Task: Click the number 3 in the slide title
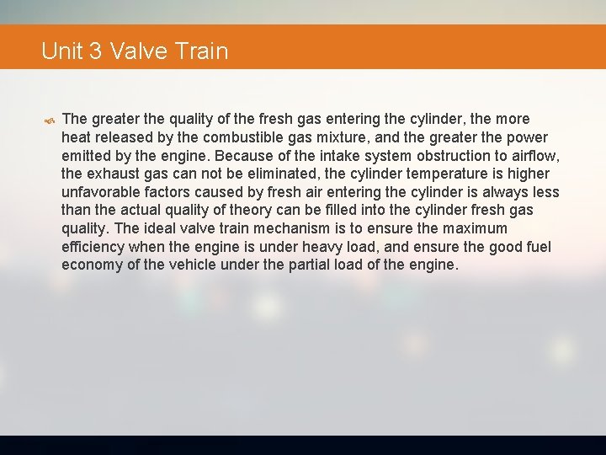point(94,51)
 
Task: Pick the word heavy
point(311,247)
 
